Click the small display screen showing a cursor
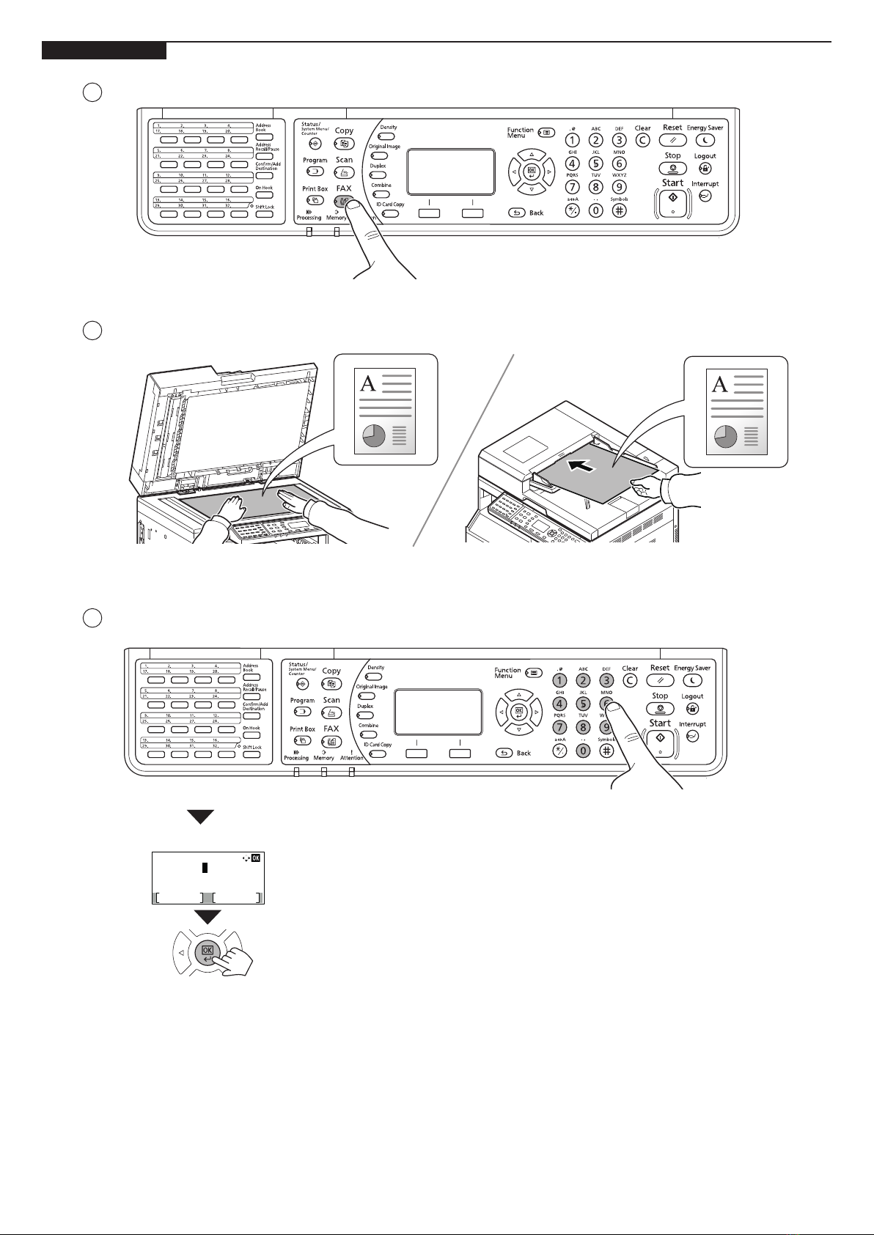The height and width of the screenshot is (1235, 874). [x=208, y=878]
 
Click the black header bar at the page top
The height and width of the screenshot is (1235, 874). [x=103, y=51]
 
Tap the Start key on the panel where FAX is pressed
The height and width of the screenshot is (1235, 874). [x=672, y=199]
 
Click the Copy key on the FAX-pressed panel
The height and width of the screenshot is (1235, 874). [x=344, y=144]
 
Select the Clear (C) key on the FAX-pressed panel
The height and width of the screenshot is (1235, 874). [x=642, y=141]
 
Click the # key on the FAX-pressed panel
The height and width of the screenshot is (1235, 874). [x=620, y=210]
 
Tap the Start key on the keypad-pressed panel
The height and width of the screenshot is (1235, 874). [x=660, y=740]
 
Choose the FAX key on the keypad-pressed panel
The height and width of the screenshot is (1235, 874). [x=331, y=742]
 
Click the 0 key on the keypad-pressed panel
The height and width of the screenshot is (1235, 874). [x=583, y=751]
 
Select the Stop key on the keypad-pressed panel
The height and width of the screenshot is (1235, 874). [x=660, y=709]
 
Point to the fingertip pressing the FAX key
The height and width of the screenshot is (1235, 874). [x=354, y=207]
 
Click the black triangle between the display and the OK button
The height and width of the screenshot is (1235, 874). [x=210, y=916]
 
